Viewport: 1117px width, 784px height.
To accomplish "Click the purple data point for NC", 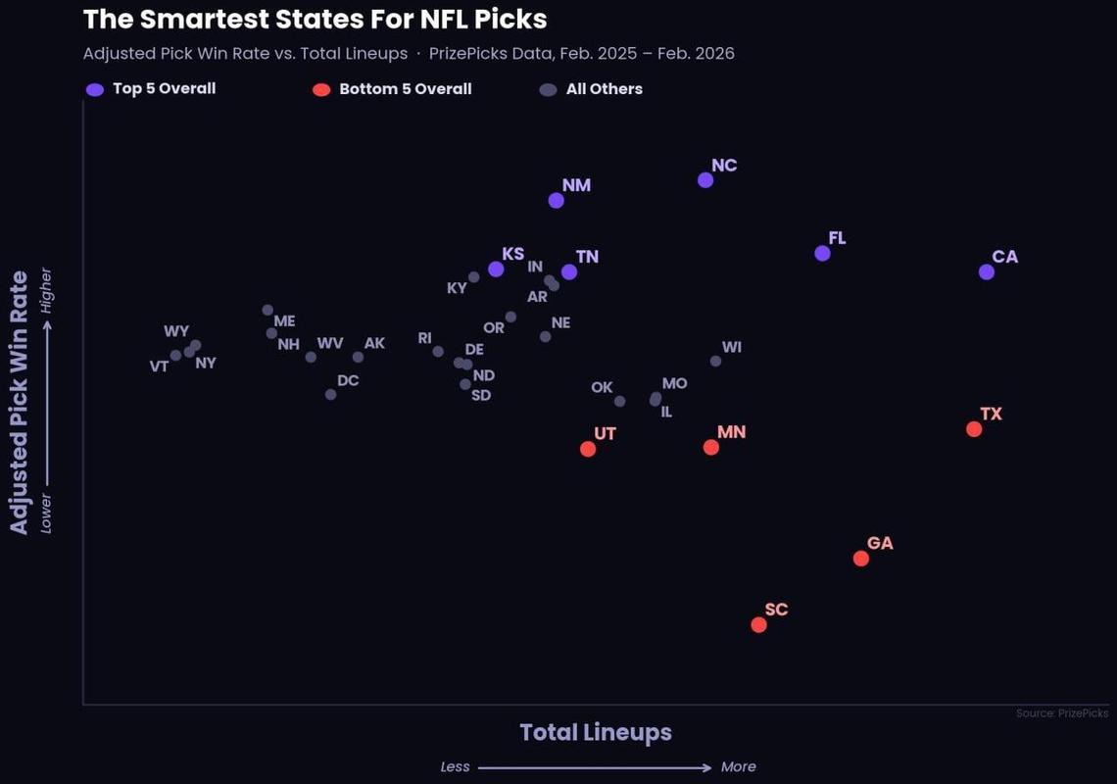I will (x=705, y=180).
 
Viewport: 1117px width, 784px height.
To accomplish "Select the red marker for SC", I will (x=758, y=625).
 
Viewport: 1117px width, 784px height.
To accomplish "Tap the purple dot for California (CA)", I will (x=987, y=272).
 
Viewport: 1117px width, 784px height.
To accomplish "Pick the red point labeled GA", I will (x=861, y=559).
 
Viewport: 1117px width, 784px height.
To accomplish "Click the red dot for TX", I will (x=974, y=429).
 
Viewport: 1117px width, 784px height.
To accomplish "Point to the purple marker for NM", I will (x=557, y=201).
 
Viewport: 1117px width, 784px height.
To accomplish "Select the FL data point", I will (x=823, y=254).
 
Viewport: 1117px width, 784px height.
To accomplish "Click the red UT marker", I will (x=588, y=449).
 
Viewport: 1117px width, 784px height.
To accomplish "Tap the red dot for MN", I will (x=711, y=448).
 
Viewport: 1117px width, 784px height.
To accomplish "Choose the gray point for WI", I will (x=716, y=362).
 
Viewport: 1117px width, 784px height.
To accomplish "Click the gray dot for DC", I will (x=331, y=395).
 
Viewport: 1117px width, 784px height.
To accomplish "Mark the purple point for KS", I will (x=496, y=269).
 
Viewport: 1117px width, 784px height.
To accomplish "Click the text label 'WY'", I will (x=176, y=332).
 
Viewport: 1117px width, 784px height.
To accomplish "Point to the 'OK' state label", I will (x=602, y=388).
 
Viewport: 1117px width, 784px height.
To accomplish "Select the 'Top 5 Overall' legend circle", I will (x=95, y=90).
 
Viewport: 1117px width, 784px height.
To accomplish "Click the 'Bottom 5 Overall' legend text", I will (x=406, y=89).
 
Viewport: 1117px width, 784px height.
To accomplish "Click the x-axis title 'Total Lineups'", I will (x=596, y=732).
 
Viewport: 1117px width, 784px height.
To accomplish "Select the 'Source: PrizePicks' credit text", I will (x=1062, y=713).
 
